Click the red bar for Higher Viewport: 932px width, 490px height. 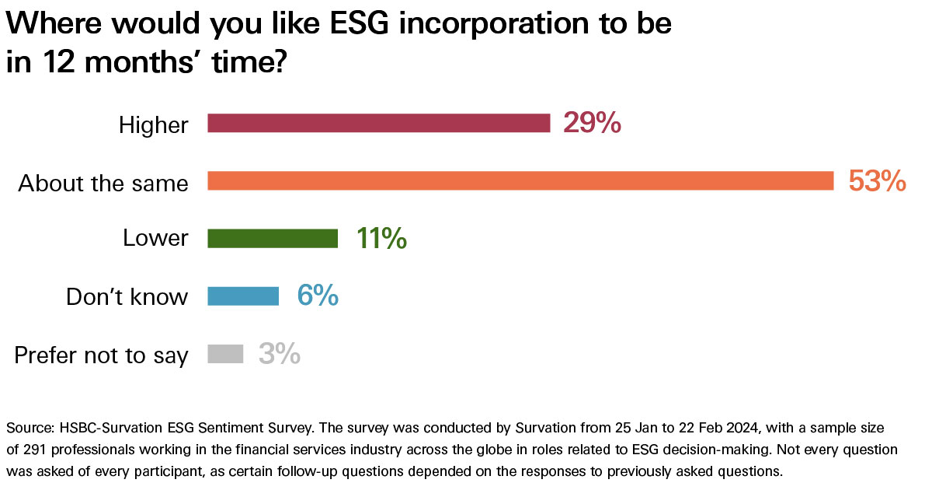pos(378,123)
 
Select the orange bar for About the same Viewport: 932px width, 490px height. pos(520,181)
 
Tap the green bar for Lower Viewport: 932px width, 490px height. pos(273,238)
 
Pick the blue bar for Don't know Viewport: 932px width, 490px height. pos(243,296)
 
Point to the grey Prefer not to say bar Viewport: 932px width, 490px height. pos(225,355)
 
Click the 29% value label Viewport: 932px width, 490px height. pos(592,123)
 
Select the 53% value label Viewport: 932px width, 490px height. pos(878,181)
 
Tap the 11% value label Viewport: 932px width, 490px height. pos(381,238)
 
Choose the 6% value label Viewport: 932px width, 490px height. pos(318,296)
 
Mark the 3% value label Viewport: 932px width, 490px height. pos(280,355)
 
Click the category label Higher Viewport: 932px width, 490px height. pos(153,124)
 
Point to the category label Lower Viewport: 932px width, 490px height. pos(155,238)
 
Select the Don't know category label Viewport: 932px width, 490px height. pos(127,296)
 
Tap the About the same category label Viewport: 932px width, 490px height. pos(103,183)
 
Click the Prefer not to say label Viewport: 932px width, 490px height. pos(101,355)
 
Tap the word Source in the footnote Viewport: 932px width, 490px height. pos(26,429)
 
